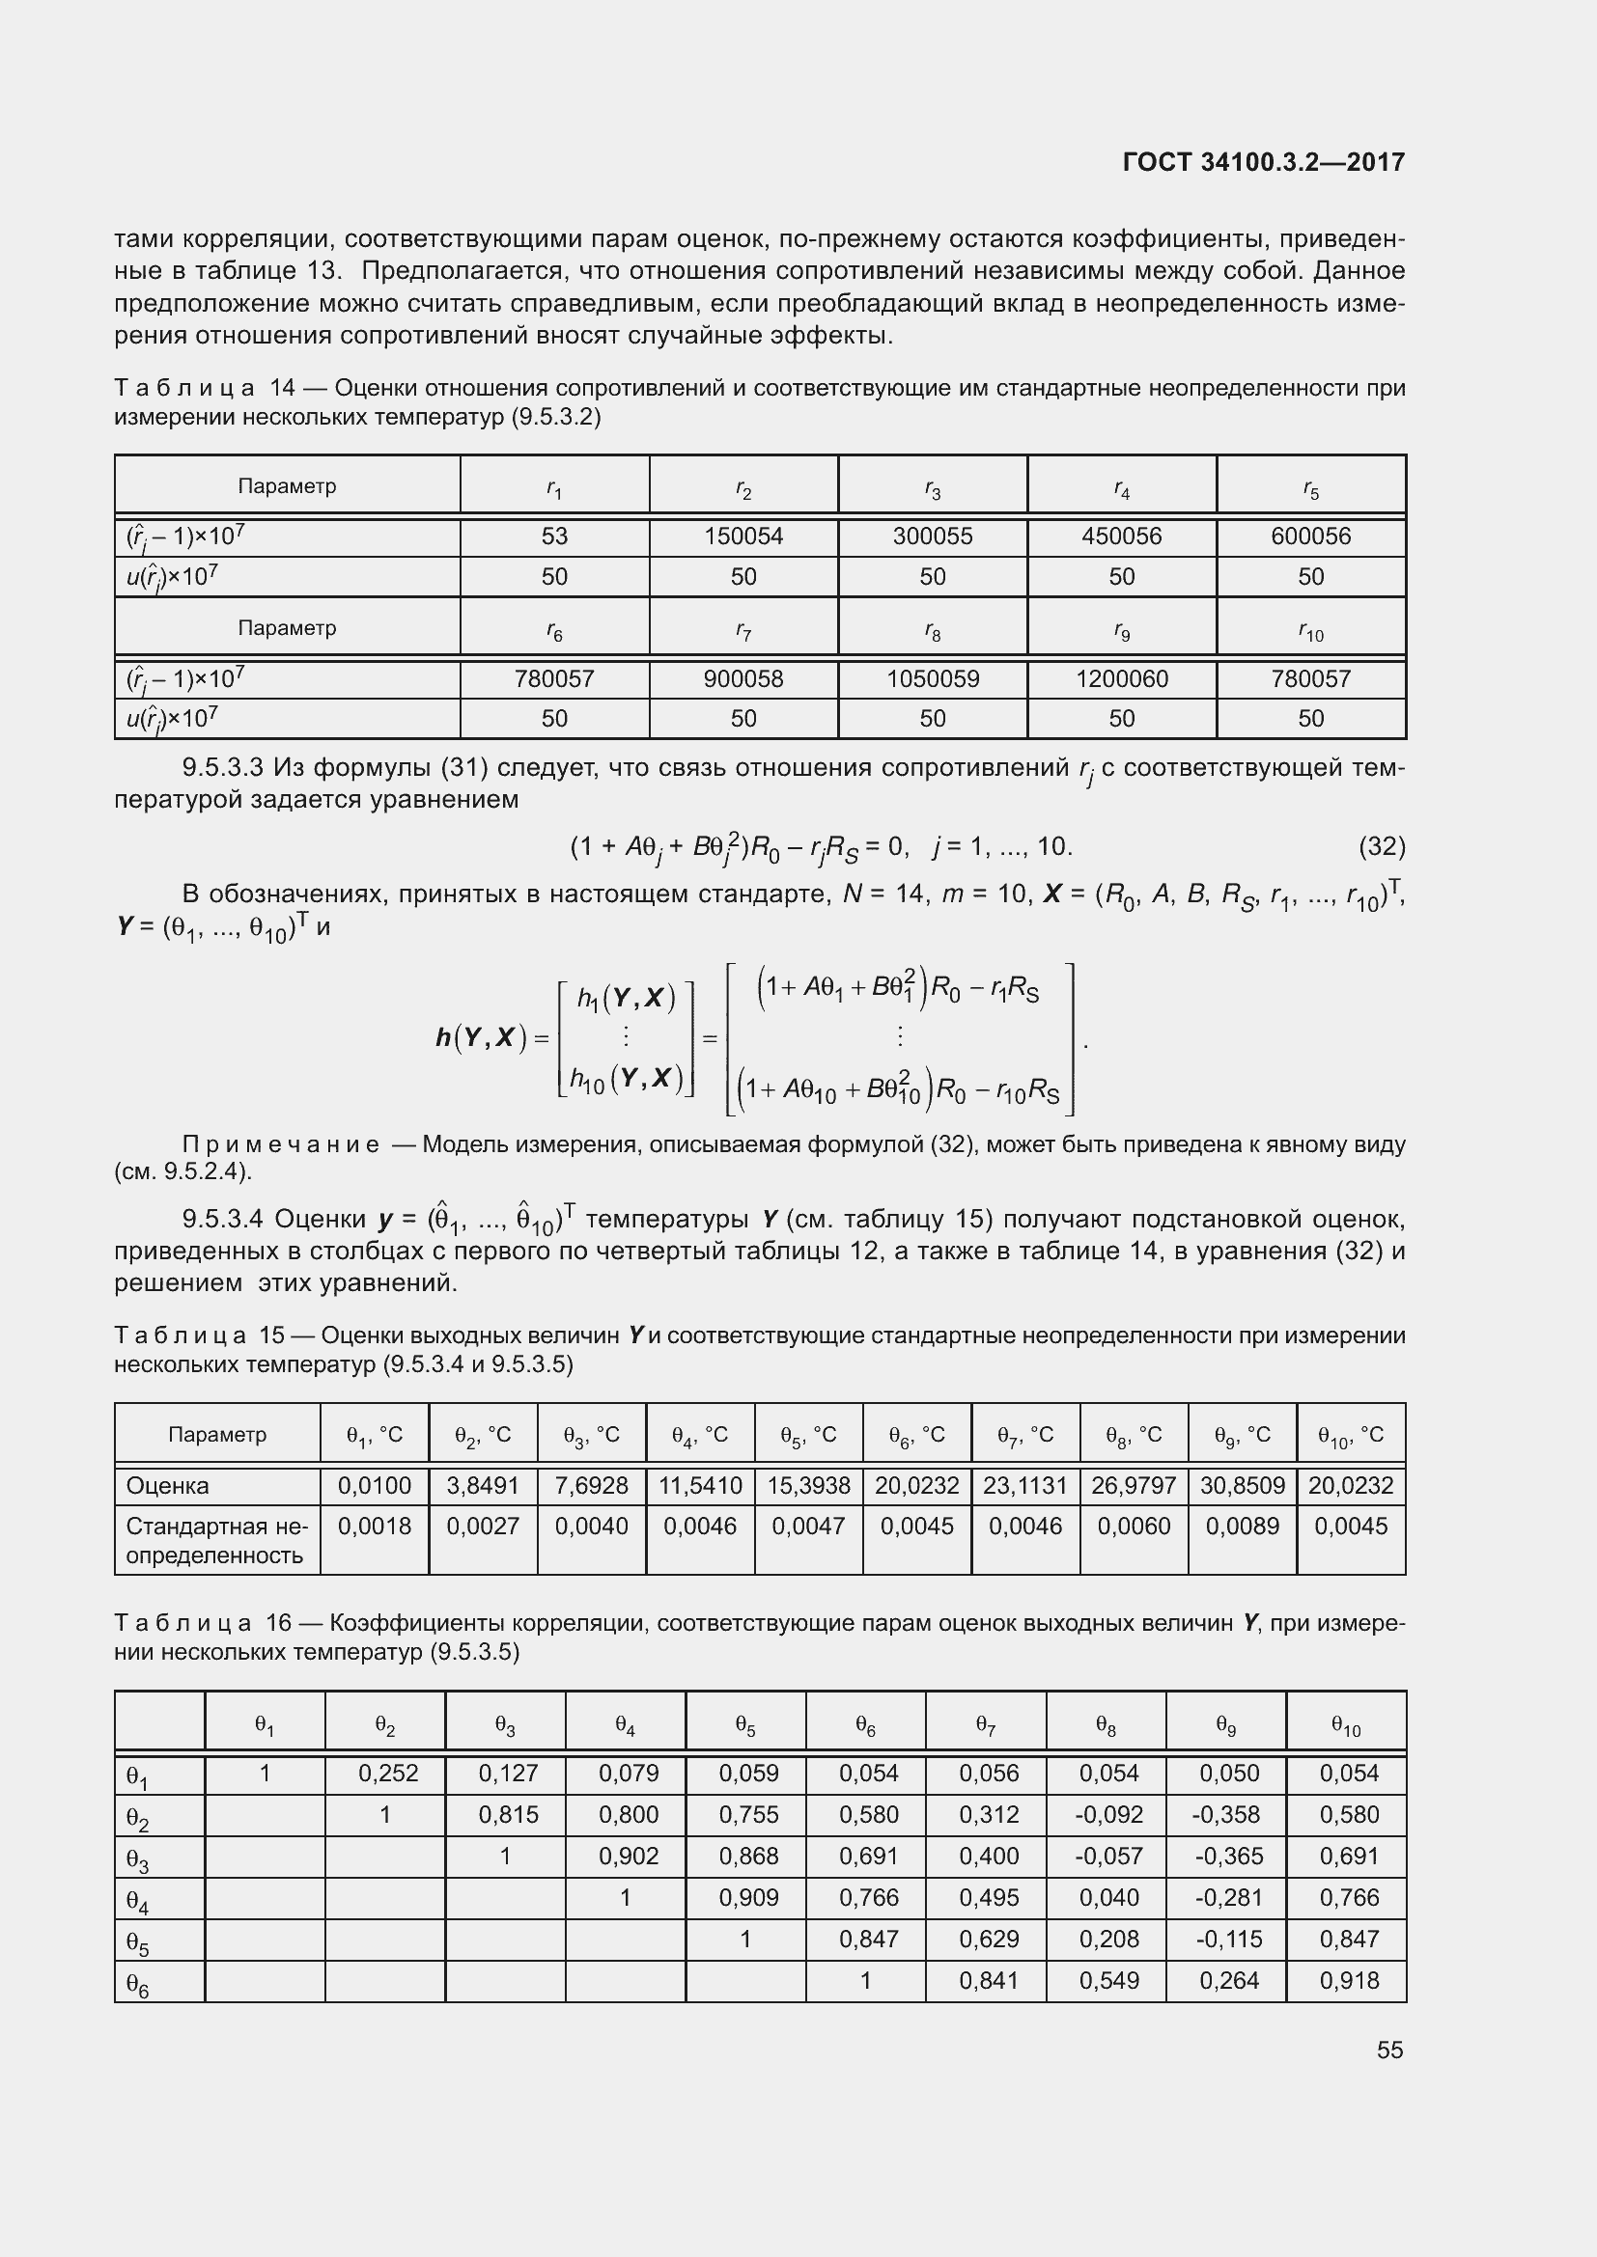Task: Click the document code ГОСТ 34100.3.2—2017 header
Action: (x=1263, y=162)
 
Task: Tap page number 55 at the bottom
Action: (x=1389, y=2050)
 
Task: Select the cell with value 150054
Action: (x=743, y=537)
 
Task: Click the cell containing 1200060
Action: (x=1121, y=679)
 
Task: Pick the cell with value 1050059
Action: (x=933, y=679)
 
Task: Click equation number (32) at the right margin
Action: (x=1381, y=846)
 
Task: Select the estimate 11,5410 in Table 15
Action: (x=700, y=1485)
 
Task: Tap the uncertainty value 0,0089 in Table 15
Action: (x=1242, y=1527)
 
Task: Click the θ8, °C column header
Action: (x=1134, y=1435)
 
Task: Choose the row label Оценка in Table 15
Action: (x=168, y=1485)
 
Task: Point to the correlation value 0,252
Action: (x=387, y=1774)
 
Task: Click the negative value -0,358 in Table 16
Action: (x=1226, y=1815)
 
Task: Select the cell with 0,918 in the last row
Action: (x=1349, y=1981)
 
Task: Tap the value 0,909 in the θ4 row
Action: (x=748, y=1897)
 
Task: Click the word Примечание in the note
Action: (x=281, y=1144)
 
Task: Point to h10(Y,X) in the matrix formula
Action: (x=627, y=1080)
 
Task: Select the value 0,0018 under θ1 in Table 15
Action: (x=374, y=1527)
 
